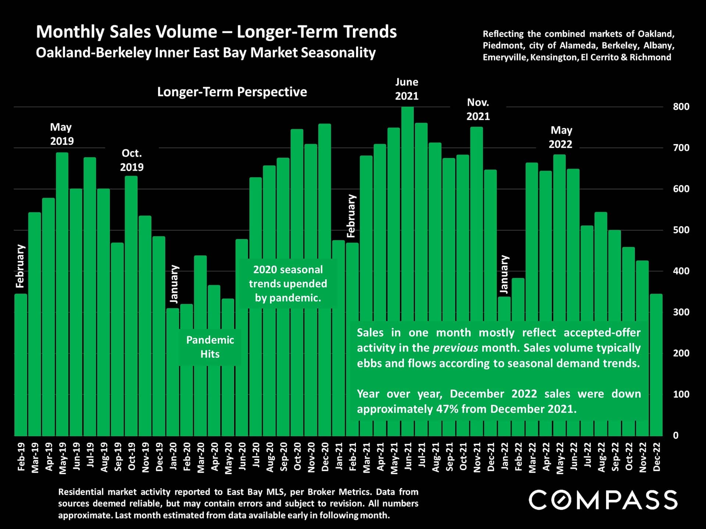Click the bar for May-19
62,294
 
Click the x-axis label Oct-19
132,457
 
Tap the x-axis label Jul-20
256,457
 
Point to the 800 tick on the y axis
681,107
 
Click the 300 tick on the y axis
681,312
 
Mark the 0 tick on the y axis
676,435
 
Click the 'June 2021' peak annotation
407,89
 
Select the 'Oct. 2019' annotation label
132,160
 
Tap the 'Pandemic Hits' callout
210,347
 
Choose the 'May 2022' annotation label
561,137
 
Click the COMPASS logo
603,500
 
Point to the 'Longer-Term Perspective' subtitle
232,92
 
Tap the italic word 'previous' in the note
455,348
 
